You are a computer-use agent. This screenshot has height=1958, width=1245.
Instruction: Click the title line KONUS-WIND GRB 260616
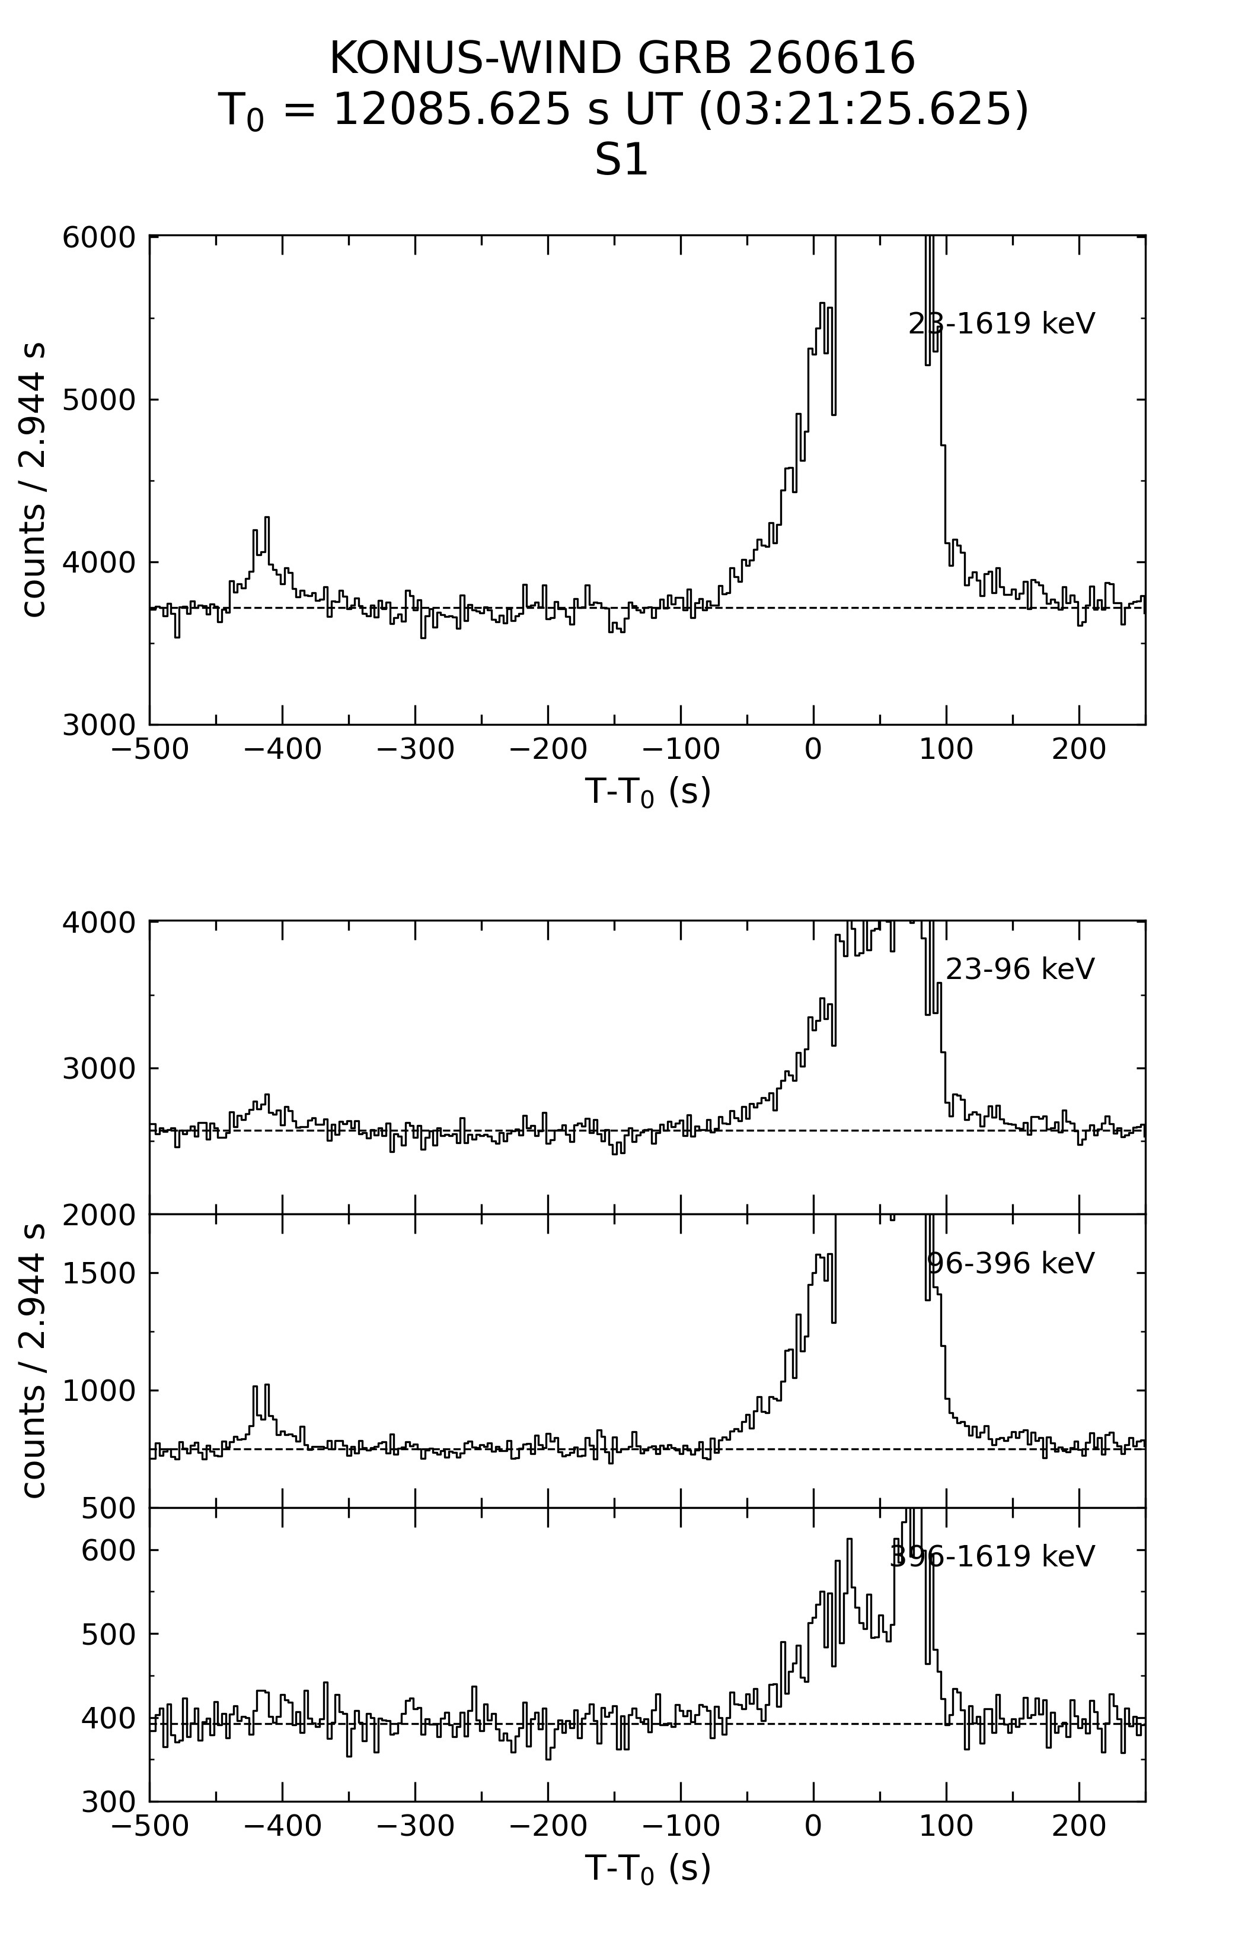622,59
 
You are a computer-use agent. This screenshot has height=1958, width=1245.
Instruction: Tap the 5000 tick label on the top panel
98,400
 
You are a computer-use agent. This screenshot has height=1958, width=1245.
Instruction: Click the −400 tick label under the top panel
282,750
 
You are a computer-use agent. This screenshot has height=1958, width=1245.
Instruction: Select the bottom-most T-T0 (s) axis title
647,1868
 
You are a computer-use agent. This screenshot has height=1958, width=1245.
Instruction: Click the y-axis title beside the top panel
33,480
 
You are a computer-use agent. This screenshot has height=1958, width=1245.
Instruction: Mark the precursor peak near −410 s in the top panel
267,518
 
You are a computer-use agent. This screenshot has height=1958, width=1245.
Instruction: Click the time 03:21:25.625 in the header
864,109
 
